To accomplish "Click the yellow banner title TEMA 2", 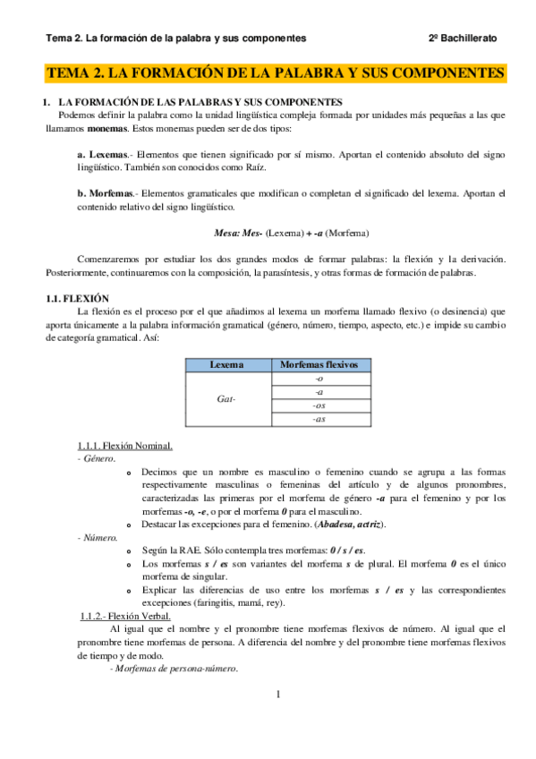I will click(x=275, y=72).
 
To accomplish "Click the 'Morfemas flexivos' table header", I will click(x=319, y=365).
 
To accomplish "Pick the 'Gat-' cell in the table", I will click(x=226, y=398).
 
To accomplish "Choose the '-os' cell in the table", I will click(x=319, y=405).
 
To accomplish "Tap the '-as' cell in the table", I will click(x=319, y=418).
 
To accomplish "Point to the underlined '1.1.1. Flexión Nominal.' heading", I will click(x=125, y=445).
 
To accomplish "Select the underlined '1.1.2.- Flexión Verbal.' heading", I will click(x=125, y=616).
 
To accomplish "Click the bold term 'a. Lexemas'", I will click(x=103, y=154).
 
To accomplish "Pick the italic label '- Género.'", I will click(x=96, y=458).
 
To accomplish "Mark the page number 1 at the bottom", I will click(x=278, y=694).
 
